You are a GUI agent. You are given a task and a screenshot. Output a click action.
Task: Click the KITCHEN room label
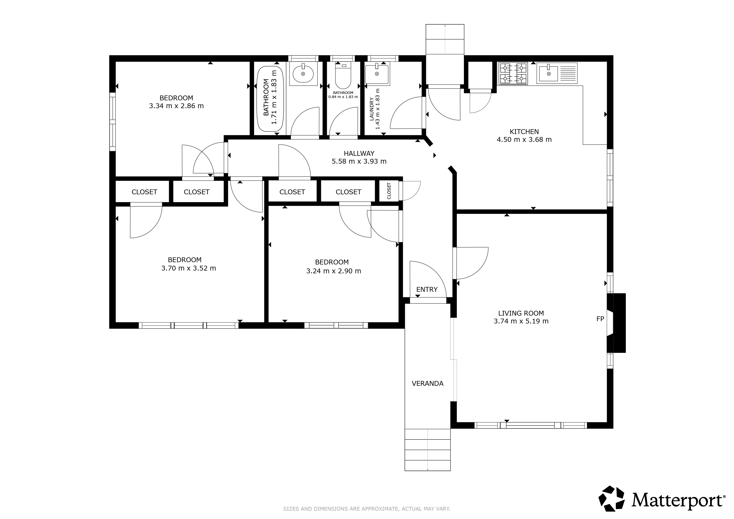524,131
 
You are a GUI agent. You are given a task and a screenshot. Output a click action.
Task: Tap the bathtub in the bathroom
270,99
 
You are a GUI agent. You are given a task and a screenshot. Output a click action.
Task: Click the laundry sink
377,74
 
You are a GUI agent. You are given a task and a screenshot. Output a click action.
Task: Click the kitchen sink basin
549,73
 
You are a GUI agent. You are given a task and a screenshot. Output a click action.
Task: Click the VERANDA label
427,383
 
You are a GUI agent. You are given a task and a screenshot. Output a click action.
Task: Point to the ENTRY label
427,290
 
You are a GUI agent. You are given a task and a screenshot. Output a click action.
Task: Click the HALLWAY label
359,153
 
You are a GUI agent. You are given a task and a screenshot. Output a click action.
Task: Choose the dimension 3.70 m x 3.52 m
189,268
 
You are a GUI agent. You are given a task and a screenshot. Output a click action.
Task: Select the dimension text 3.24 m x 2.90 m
333,271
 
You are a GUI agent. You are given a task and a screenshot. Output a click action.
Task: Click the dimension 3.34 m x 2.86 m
176,106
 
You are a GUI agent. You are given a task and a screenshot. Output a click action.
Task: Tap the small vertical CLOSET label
389,191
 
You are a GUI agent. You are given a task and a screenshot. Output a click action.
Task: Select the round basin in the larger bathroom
303,74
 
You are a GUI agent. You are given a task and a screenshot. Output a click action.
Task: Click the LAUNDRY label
371,109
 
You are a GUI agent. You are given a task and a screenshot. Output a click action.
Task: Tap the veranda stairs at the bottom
427,450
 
